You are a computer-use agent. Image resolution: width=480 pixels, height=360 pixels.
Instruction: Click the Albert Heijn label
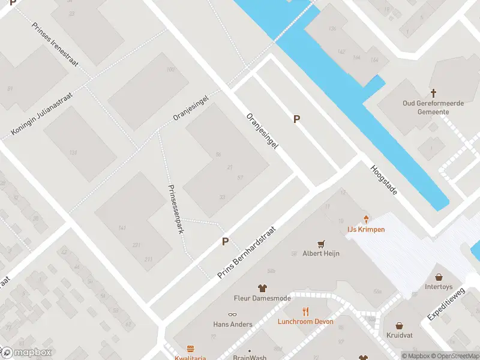321,253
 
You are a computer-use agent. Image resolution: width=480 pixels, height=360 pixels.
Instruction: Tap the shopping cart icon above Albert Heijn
321,244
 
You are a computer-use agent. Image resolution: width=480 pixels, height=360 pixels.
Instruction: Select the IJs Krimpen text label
366,229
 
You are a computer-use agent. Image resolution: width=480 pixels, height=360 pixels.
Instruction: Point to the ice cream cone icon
366,220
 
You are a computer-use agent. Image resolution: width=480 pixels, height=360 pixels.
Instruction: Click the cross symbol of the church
433,93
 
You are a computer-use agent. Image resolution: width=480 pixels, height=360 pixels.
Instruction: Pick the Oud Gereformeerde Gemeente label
433,107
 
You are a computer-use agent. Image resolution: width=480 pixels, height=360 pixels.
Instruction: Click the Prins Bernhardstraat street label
246,253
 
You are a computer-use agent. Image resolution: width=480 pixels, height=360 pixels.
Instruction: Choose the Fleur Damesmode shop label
262,298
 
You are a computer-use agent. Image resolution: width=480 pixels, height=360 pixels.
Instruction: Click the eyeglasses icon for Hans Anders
232,314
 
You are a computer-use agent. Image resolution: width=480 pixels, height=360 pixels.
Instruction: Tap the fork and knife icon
305,311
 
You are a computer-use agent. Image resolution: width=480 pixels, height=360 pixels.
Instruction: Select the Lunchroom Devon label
305,321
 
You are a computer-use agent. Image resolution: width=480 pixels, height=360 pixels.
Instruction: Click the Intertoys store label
439,287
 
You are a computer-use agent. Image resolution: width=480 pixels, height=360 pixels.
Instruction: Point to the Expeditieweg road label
446,304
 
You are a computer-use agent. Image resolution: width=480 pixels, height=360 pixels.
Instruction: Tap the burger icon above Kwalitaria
191,349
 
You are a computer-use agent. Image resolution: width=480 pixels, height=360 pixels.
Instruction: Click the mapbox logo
27,353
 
